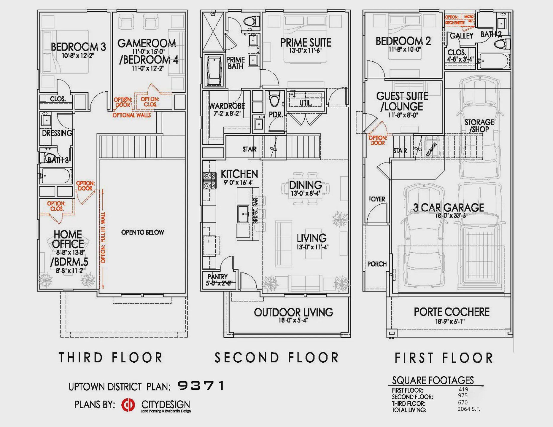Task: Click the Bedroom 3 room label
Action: tap(78, 47)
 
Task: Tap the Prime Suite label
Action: tap(306, 43)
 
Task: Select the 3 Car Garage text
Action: tap(448, 208)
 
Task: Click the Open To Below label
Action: tap(142, 232)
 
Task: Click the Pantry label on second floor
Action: tap(217, 276)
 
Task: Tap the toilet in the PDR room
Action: tap(274, 99)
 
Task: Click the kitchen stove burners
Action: tap(209, 181)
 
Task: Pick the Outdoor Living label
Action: tap(293, 312)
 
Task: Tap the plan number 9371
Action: tap(201, 386)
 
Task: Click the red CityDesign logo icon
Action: tap(128, 405)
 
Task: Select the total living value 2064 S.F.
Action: tap(468, 409)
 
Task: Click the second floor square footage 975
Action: tap(463, 396)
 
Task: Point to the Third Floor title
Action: tap(110, 357)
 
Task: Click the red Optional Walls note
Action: tap(131, 115)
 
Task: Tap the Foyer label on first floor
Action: tap(377, 199)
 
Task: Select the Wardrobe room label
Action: tap(227, 106)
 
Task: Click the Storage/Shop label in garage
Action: tap(479, 126)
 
